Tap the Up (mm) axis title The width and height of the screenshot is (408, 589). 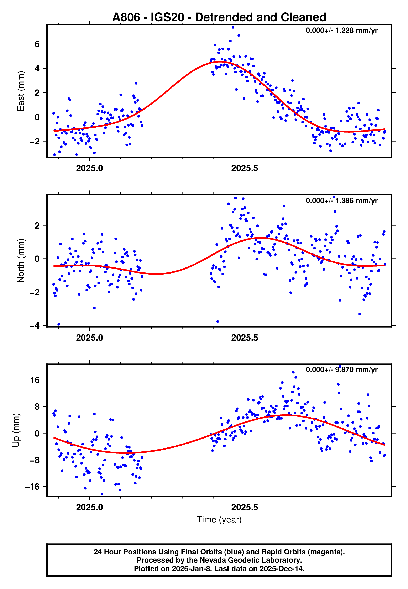(x=16, y=430)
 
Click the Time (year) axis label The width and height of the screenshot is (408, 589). (x=219, y=520)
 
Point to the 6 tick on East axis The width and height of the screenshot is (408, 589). (x=37, y=44)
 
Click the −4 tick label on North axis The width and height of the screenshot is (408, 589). (x=35, y=326)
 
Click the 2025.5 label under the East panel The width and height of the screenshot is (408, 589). (x=245, y=168)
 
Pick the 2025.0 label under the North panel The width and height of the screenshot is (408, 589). (x=89, y=338)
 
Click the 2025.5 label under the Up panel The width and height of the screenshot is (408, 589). (x=245, y=507)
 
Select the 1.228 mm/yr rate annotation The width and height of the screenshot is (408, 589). (x=341, y=31)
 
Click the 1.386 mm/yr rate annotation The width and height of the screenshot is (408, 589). (x=341, y=201)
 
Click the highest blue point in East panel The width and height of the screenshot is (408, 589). (x=233, y=27)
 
